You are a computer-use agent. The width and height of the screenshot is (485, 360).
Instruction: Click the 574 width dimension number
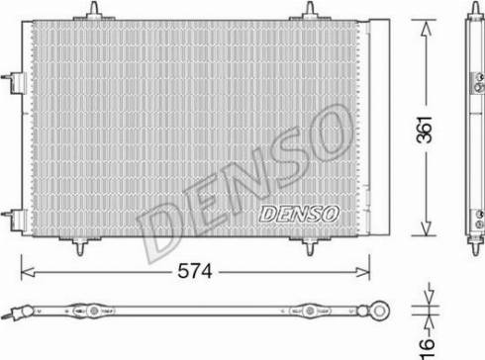[x=194, y=270]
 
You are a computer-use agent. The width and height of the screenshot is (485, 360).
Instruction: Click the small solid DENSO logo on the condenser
[x=298, y=212]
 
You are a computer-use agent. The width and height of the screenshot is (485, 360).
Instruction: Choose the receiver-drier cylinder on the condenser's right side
[x=374, y=129]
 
